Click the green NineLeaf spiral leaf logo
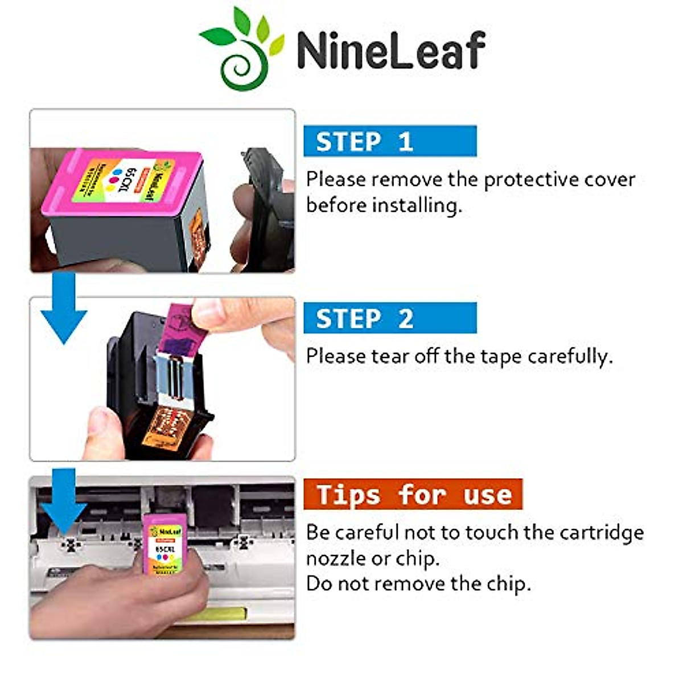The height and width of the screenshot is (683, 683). pyautogui.click(x=242, y=48)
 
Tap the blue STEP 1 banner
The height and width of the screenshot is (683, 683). pyautogui.click(x=390, y=141)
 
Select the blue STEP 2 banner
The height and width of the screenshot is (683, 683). pyautogui.click(x=390, y=318)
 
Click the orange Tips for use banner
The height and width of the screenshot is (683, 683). pyautogui.click(x=413, y=494)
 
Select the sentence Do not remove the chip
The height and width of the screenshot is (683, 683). pyautogui.click(x=418, y=583)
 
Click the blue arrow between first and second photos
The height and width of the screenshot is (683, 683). pyautogui.click(x=64, y=307)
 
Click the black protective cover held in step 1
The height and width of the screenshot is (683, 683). pyautogui.click(x=265, y=211)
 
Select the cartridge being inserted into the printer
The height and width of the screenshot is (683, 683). pyautogui.click(x=164, y=544)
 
